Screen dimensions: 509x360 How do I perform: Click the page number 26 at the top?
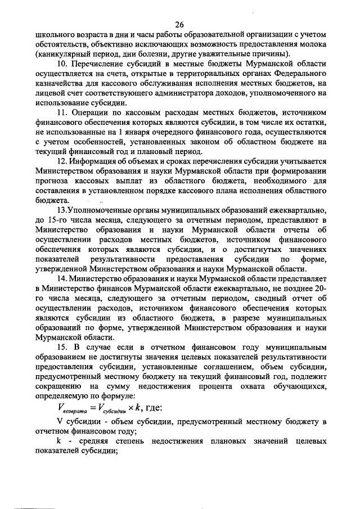coord(179,24)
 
